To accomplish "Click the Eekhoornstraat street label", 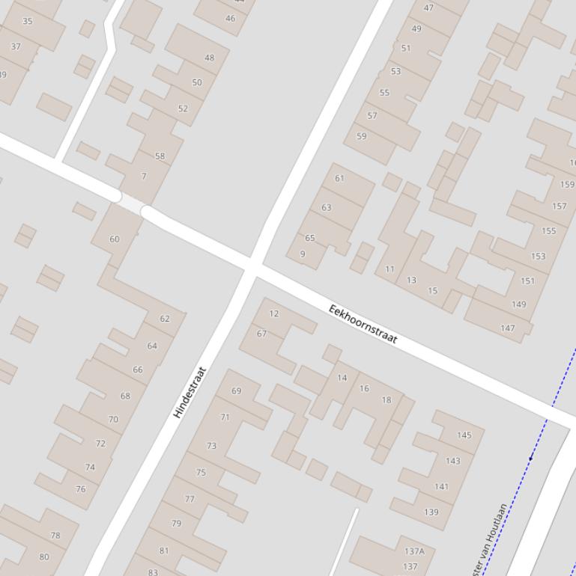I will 363,325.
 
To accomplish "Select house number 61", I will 339,178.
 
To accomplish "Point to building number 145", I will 464,435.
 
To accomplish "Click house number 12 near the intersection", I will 274,313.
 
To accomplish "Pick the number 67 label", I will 261,334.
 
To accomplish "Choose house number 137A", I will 414,551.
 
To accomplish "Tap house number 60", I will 114,239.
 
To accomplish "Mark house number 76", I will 81,489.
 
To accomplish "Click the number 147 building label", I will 508,328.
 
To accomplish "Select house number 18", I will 386,399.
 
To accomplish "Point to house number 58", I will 160,156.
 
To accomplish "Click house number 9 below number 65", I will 303,254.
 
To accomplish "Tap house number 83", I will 153,572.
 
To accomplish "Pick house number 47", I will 428,8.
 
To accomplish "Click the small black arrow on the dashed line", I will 531,458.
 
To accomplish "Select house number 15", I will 432,291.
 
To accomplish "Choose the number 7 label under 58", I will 144,177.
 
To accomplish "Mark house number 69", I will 237,390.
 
